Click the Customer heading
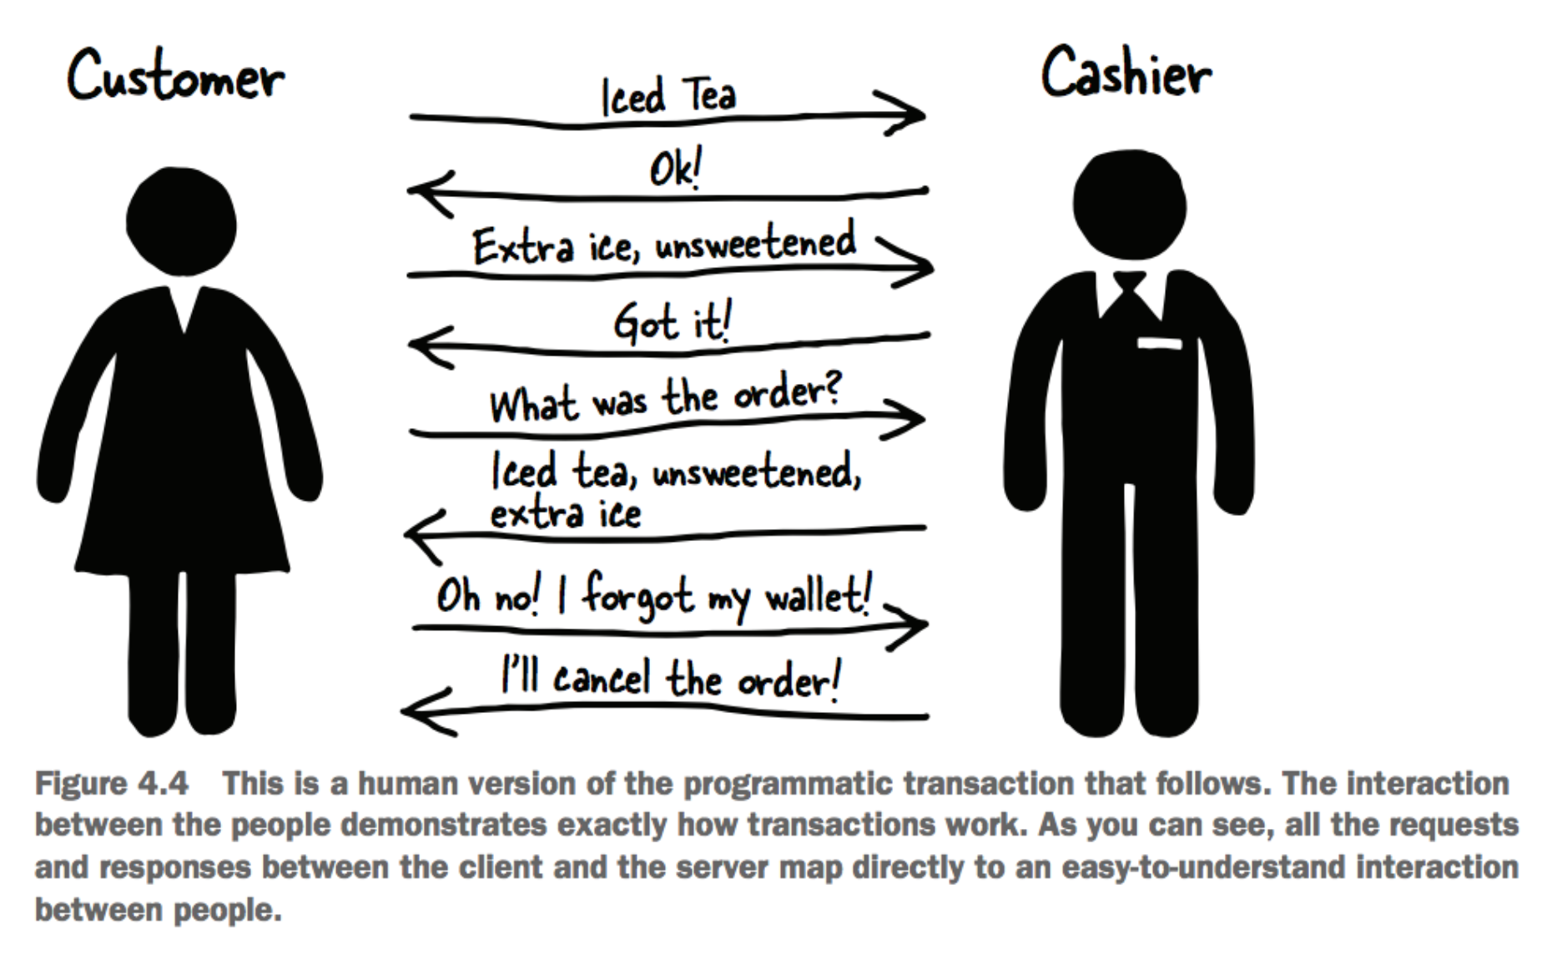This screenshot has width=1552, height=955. click(x=175, y=77)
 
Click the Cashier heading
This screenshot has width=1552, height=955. click(x=1126, y=73)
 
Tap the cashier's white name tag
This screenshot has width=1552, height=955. click(x=1159, y=343)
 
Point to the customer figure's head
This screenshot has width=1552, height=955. click(x=181, y=221)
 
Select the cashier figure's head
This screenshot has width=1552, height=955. click(x=1130, y=205)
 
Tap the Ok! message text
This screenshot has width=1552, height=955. click(x=675, y=169)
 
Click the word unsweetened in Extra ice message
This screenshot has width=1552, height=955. click(x=755, y=244)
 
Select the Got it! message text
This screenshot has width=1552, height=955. click(x=673, y=323)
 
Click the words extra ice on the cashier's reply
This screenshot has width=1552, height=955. click(x=565, y=513)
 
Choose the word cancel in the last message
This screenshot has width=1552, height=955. click(x=601, y=677)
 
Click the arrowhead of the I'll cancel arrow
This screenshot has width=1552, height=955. click(x=424, y=711)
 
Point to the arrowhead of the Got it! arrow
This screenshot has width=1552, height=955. click(x=429, y=345)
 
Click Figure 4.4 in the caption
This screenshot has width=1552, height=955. click(x=111, y=784)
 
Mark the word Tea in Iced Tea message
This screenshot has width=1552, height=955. click(x=709, y=94)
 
